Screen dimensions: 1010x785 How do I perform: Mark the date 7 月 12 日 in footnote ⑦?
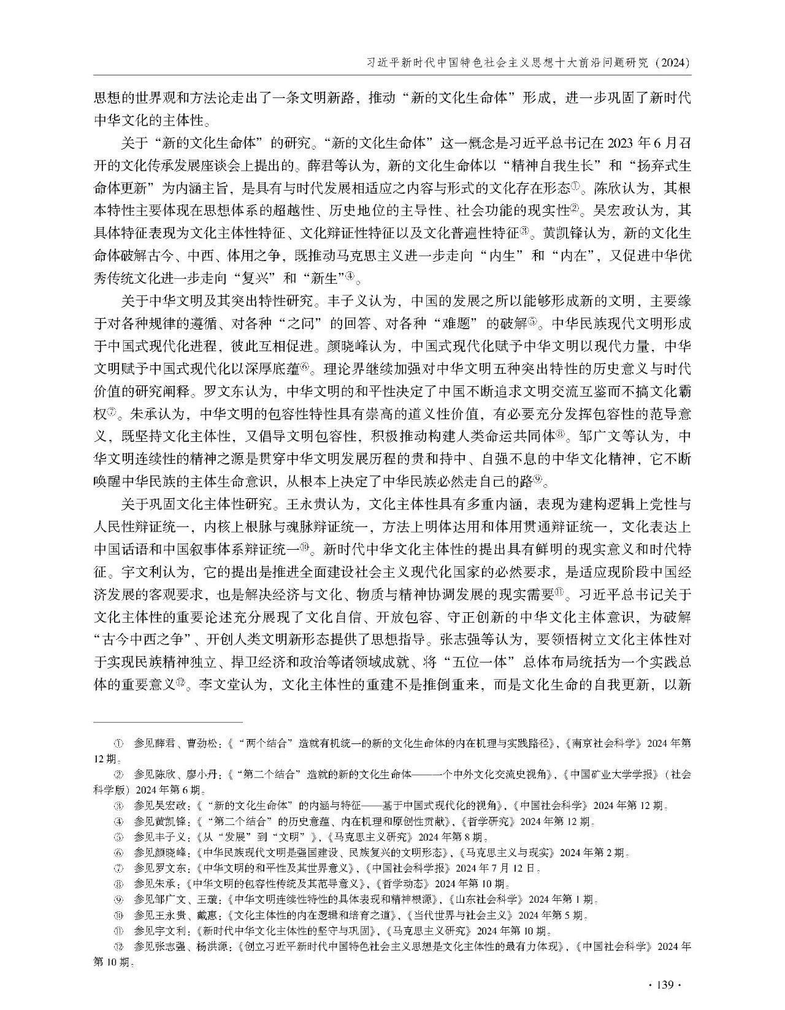pos(518,868)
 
